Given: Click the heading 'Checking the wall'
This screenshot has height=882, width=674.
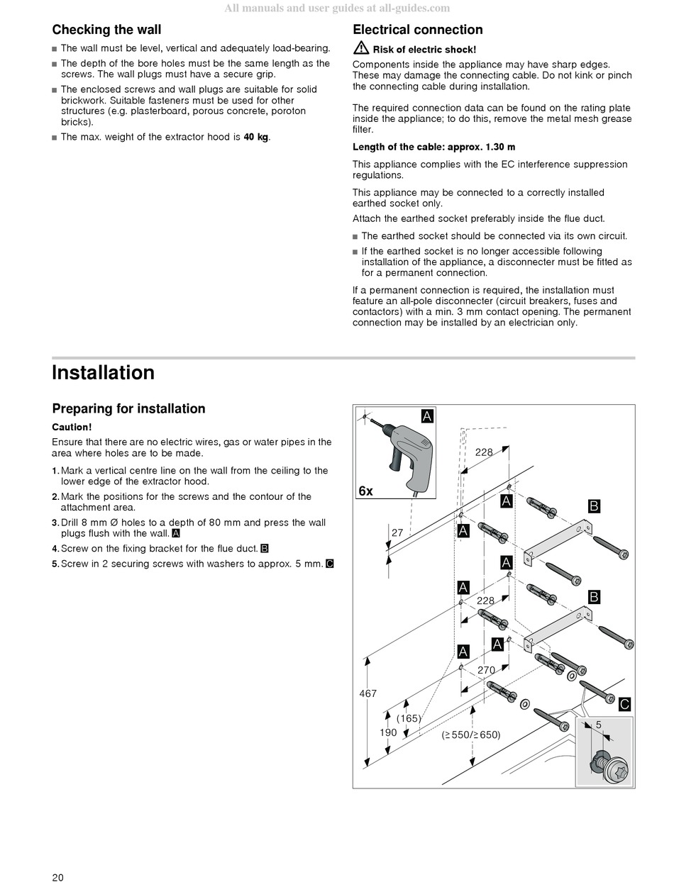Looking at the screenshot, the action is coord(106,30).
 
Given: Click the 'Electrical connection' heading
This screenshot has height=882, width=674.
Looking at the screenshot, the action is coord(418,30).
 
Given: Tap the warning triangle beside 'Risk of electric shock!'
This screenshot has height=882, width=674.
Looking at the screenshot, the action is coord(361,48).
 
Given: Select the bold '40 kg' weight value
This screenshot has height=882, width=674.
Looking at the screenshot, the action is coord(256,137).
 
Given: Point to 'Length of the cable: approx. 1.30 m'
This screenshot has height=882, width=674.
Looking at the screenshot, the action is coord(433,147).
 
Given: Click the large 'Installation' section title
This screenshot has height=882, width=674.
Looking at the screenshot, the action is coord(104,372).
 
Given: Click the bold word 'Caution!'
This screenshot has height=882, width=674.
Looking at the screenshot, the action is coord(72,427).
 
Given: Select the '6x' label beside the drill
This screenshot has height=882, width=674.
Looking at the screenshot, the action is coord(366,491).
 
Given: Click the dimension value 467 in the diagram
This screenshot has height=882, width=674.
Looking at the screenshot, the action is coord(368,693).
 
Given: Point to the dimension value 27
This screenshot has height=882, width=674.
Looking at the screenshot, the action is coord(397,533).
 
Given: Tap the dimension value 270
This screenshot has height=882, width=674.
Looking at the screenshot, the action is coord(486,670).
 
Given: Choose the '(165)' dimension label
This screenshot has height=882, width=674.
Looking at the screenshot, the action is coord(409,718).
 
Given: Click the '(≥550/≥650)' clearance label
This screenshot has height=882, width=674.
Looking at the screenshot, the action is coord(471,735).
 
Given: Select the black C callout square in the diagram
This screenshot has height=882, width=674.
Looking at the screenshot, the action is coord(624,704).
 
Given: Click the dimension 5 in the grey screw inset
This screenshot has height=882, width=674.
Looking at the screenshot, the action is coord(599,725).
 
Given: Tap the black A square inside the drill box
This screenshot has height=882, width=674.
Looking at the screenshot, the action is coord(427,416).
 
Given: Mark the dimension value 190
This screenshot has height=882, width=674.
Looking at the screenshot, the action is coord(388,733).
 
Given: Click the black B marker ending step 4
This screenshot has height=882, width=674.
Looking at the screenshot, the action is coord(265,549).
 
